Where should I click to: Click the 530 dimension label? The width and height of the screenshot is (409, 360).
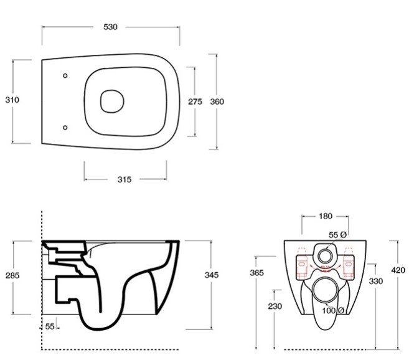point(111,27)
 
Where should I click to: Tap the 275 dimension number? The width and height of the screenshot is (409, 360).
point(195,102)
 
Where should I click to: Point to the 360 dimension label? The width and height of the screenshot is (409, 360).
point(217,102)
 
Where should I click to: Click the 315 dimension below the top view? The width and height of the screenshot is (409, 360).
point(124,179)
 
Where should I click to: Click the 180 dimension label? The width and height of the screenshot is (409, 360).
point(325,216)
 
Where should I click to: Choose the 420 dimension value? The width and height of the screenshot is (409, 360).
point(398,270)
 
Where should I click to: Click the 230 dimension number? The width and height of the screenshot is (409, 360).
point(275,306)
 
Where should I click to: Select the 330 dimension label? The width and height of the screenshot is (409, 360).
point(375,281)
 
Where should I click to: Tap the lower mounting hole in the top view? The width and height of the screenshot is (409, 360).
point(65,128)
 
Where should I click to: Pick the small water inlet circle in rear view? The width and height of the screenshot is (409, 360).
point(324,256)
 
